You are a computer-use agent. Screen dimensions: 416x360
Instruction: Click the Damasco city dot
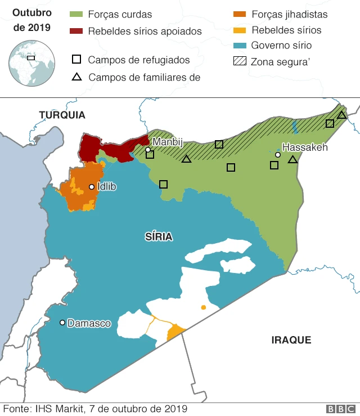(x=62, y=323)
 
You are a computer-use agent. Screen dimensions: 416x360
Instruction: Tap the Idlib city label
(x=106, y=186)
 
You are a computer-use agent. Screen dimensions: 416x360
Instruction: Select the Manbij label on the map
(x=168, y=142)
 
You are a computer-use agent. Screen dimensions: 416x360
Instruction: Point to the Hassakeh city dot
(x=278, y=154)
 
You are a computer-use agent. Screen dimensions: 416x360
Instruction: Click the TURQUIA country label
(x=62, y=115)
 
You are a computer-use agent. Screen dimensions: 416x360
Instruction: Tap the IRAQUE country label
(x=291, y=340)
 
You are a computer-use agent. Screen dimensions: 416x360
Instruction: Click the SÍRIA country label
(x=159, y=237)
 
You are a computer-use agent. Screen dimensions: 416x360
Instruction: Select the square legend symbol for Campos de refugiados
(x=76, y=60)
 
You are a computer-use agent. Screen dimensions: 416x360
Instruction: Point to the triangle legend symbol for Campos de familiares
(x=76, y=77)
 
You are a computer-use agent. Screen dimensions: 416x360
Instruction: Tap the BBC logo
(x=340, y=409)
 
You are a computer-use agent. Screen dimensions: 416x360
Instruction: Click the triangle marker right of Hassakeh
(x=292, y=160)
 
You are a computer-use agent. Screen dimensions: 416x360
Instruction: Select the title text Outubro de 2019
(x=31, y=20)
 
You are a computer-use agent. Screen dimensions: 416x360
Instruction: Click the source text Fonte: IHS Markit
(x=95, y=409)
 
